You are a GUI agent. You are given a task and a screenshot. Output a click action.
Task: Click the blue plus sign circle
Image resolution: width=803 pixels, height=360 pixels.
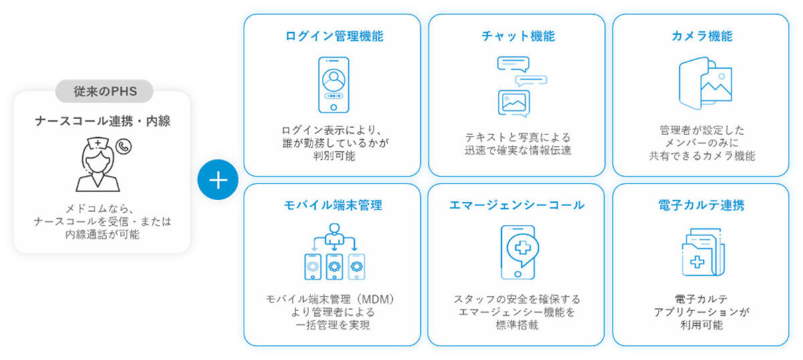218,180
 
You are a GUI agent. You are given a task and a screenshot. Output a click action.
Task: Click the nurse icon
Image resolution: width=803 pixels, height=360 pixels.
97,164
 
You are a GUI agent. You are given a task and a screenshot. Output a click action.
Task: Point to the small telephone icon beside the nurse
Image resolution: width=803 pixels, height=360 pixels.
122,146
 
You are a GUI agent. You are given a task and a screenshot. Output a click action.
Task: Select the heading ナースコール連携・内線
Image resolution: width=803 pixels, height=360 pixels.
103,121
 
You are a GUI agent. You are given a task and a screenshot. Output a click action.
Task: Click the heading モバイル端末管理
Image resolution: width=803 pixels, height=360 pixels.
333,205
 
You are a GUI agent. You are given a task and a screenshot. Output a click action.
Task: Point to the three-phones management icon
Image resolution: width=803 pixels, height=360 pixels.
333,256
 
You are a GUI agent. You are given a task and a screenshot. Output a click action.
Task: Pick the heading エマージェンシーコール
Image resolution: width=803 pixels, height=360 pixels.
517,205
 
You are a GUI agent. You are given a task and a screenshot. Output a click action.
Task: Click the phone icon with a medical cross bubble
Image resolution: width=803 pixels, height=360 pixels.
517,252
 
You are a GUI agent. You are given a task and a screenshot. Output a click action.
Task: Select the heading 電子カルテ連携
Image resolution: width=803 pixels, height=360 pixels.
701,205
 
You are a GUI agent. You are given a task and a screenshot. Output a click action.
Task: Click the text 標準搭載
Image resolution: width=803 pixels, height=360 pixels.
517,325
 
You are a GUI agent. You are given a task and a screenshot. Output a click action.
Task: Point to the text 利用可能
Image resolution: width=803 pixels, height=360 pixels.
701,325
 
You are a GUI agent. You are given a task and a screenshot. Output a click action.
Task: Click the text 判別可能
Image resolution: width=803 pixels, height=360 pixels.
333,157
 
